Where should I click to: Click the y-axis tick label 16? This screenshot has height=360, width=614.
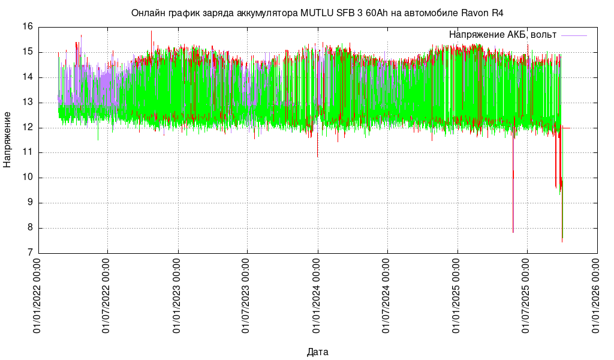click(28, 27)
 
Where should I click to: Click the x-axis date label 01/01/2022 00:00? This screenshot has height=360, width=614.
click(38, 296)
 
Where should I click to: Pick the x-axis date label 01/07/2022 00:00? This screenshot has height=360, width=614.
click(108, 296)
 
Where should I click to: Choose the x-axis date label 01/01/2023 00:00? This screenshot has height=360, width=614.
click(178, 296)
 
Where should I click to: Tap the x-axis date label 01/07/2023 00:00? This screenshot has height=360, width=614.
click(248, 296)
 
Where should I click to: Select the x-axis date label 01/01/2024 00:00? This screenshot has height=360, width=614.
click(318, 296)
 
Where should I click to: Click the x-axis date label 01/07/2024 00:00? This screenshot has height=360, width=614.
click(388, 296)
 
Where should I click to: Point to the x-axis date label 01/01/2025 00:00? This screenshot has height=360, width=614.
click(458, 296)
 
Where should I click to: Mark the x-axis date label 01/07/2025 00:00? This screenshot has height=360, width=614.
click(528, 296)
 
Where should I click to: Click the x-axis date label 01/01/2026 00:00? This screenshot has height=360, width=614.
click(598, 296)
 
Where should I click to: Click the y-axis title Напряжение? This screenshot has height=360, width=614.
click(7, 139)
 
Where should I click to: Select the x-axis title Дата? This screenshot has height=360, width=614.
click(317, 352)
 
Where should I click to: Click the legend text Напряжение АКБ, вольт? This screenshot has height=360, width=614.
click(502, 35)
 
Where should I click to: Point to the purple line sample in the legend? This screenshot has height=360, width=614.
click(574, 35)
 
